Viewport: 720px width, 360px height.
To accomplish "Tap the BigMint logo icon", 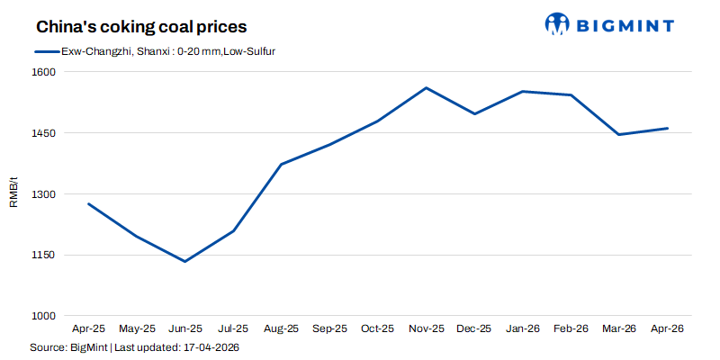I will click(558, 24).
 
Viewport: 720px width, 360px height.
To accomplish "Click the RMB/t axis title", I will click(13, 193).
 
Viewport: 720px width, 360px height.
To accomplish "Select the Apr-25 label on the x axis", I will click(88, 329).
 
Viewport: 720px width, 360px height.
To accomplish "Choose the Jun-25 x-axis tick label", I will click(184, 329).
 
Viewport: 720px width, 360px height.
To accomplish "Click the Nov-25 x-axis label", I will click(426, 329).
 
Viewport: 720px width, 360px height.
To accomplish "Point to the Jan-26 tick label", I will click(522, 329).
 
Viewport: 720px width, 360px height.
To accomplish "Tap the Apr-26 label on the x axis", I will click(667, 329).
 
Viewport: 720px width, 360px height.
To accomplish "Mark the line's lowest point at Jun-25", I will click(184, 261).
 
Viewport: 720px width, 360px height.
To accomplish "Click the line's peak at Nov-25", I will click(426, 88).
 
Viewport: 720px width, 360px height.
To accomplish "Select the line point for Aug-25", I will click(281, 164).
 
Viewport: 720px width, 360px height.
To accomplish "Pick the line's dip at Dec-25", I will click(474, 114).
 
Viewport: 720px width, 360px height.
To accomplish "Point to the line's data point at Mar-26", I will click(619, 134).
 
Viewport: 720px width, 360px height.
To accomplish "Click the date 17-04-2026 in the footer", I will click(211, 346).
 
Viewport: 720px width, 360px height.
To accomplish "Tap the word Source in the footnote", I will click(47, 346).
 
